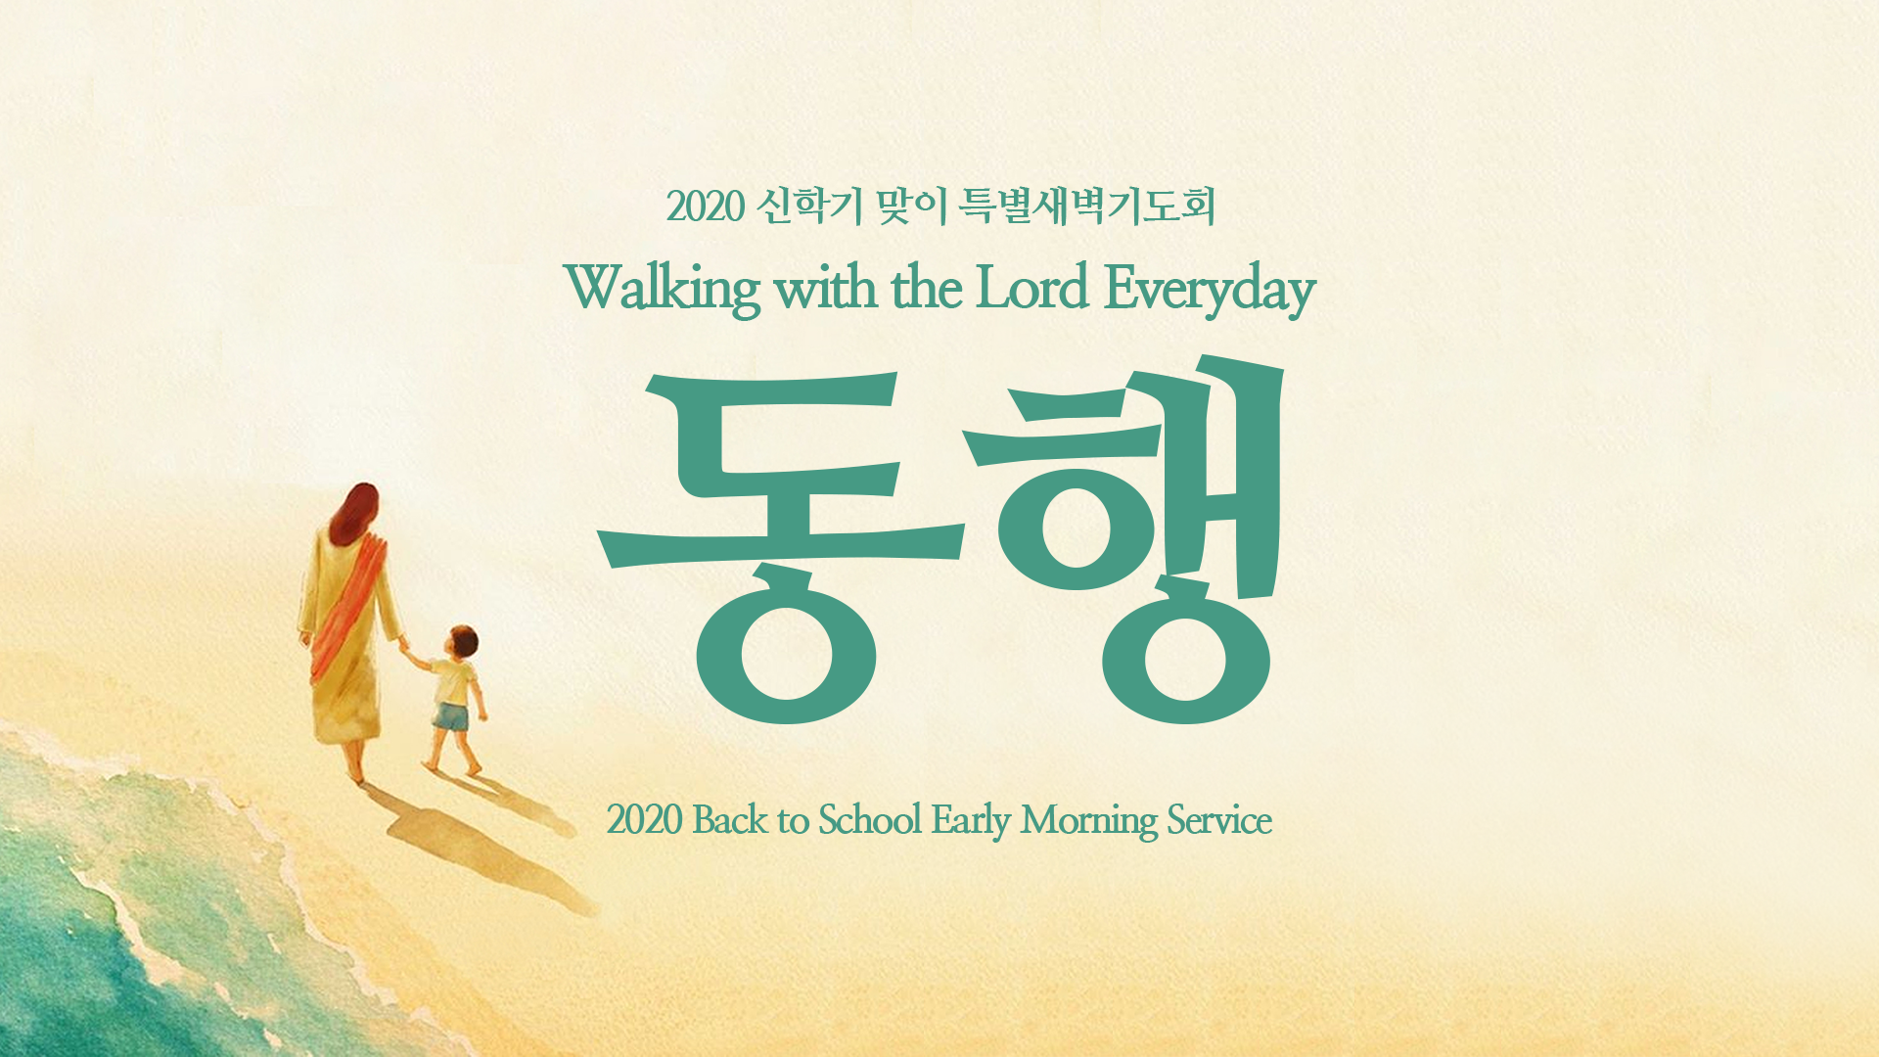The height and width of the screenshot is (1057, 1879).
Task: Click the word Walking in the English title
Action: click(663, 290)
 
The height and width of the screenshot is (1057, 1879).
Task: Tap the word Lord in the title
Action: click(1032, 288)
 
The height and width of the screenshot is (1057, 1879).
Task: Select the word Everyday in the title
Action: click(1210, 291)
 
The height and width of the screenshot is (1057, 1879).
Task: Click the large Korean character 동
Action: click(781, 548)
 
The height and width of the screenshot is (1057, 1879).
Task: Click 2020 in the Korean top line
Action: click(706, 207)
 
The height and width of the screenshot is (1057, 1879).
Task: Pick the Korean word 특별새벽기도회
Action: click(1086, 207)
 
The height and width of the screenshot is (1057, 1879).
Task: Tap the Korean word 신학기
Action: click(810, 207)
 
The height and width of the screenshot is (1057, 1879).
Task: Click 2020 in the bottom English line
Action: click(644, 820)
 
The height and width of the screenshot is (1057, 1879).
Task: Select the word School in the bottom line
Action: click(870, 819)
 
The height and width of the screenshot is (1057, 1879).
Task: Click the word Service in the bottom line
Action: click(1219, 820)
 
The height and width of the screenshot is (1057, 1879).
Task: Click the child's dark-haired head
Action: click(461, 642)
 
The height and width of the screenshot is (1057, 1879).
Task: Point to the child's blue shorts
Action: click(451, 717)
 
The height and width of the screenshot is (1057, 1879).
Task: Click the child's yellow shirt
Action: click(454, 682)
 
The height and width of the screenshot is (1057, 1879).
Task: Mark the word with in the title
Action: click(825, 289)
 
